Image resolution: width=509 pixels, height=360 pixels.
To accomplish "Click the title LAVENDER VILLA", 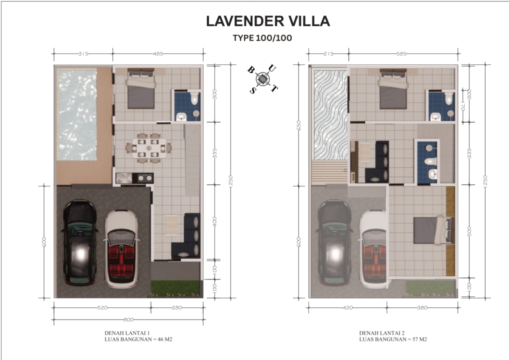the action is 268,21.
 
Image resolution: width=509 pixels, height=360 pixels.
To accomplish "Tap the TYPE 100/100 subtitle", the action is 262,38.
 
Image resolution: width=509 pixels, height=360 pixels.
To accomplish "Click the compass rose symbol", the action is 262,78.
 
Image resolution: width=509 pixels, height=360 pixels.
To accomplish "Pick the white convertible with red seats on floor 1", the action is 121,248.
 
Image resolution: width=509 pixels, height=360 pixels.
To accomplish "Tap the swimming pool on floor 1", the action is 77,114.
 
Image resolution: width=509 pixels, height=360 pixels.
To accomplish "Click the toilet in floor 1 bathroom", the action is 194,98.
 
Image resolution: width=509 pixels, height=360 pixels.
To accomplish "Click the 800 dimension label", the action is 128,319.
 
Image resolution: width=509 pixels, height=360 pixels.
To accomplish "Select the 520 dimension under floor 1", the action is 102,307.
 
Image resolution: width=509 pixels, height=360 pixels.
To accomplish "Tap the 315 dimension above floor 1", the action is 83,53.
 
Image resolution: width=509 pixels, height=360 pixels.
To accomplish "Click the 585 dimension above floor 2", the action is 401,53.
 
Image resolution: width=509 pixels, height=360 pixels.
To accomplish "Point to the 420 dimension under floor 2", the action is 347,307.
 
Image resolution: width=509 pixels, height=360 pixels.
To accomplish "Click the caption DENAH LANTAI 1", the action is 127,332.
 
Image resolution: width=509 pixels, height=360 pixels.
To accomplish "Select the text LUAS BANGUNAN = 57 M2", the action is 393,339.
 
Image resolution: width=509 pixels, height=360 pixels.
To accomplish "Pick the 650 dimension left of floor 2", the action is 298,125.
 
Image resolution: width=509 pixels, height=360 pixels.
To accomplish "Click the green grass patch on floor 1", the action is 174,288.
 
